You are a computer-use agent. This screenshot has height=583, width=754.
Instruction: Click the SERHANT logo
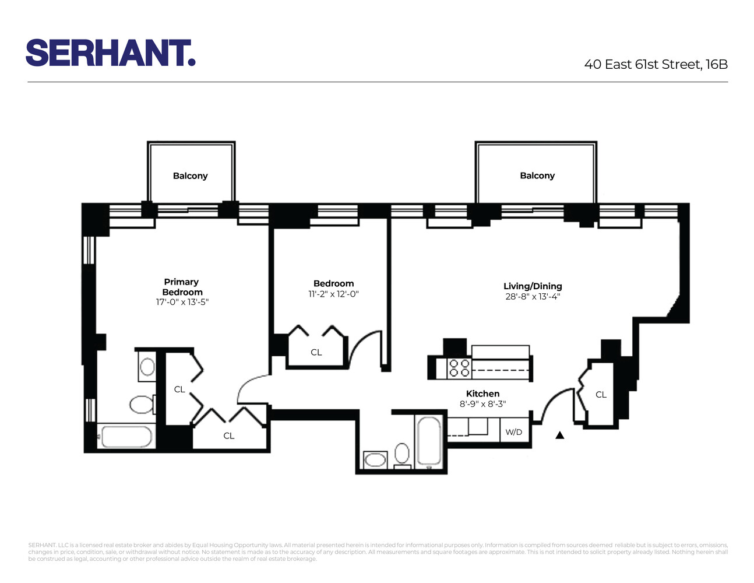111,53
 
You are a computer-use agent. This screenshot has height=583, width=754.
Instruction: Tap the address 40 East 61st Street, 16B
656,65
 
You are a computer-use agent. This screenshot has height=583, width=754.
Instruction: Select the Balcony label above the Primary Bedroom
190,176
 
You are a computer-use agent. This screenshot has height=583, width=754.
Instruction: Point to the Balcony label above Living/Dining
537,175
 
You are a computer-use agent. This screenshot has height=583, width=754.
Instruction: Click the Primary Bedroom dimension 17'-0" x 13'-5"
182,302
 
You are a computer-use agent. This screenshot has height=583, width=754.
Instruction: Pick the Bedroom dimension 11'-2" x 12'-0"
333,294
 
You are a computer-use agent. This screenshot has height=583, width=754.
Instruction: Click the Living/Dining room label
533,286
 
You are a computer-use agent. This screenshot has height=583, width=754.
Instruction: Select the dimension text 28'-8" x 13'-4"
533,297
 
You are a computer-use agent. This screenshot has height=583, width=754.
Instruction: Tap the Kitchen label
482,394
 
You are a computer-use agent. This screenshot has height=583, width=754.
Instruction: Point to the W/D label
514,432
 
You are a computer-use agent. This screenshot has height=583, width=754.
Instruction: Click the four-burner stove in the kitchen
459,368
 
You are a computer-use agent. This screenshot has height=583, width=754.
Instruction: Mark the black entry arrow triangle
560,435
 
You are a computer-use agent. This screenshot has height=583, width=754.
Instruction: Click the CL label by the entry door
601,395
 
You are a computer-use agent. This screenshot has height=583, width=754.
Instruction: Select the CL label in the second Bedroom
316,352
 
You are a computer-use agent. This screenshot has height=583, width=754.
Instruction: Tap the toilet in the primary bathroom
142,404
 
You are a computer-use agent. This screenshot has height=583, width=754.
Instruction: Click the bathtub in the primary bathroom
126,436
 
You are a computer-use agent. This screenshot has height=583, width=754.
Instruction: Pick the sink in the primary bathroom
147,367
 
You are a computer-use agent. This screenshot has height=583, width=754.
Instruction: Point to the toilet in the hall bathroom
402,454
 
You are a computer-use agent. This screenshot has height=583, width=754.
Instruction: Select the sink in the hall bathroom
375,460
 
